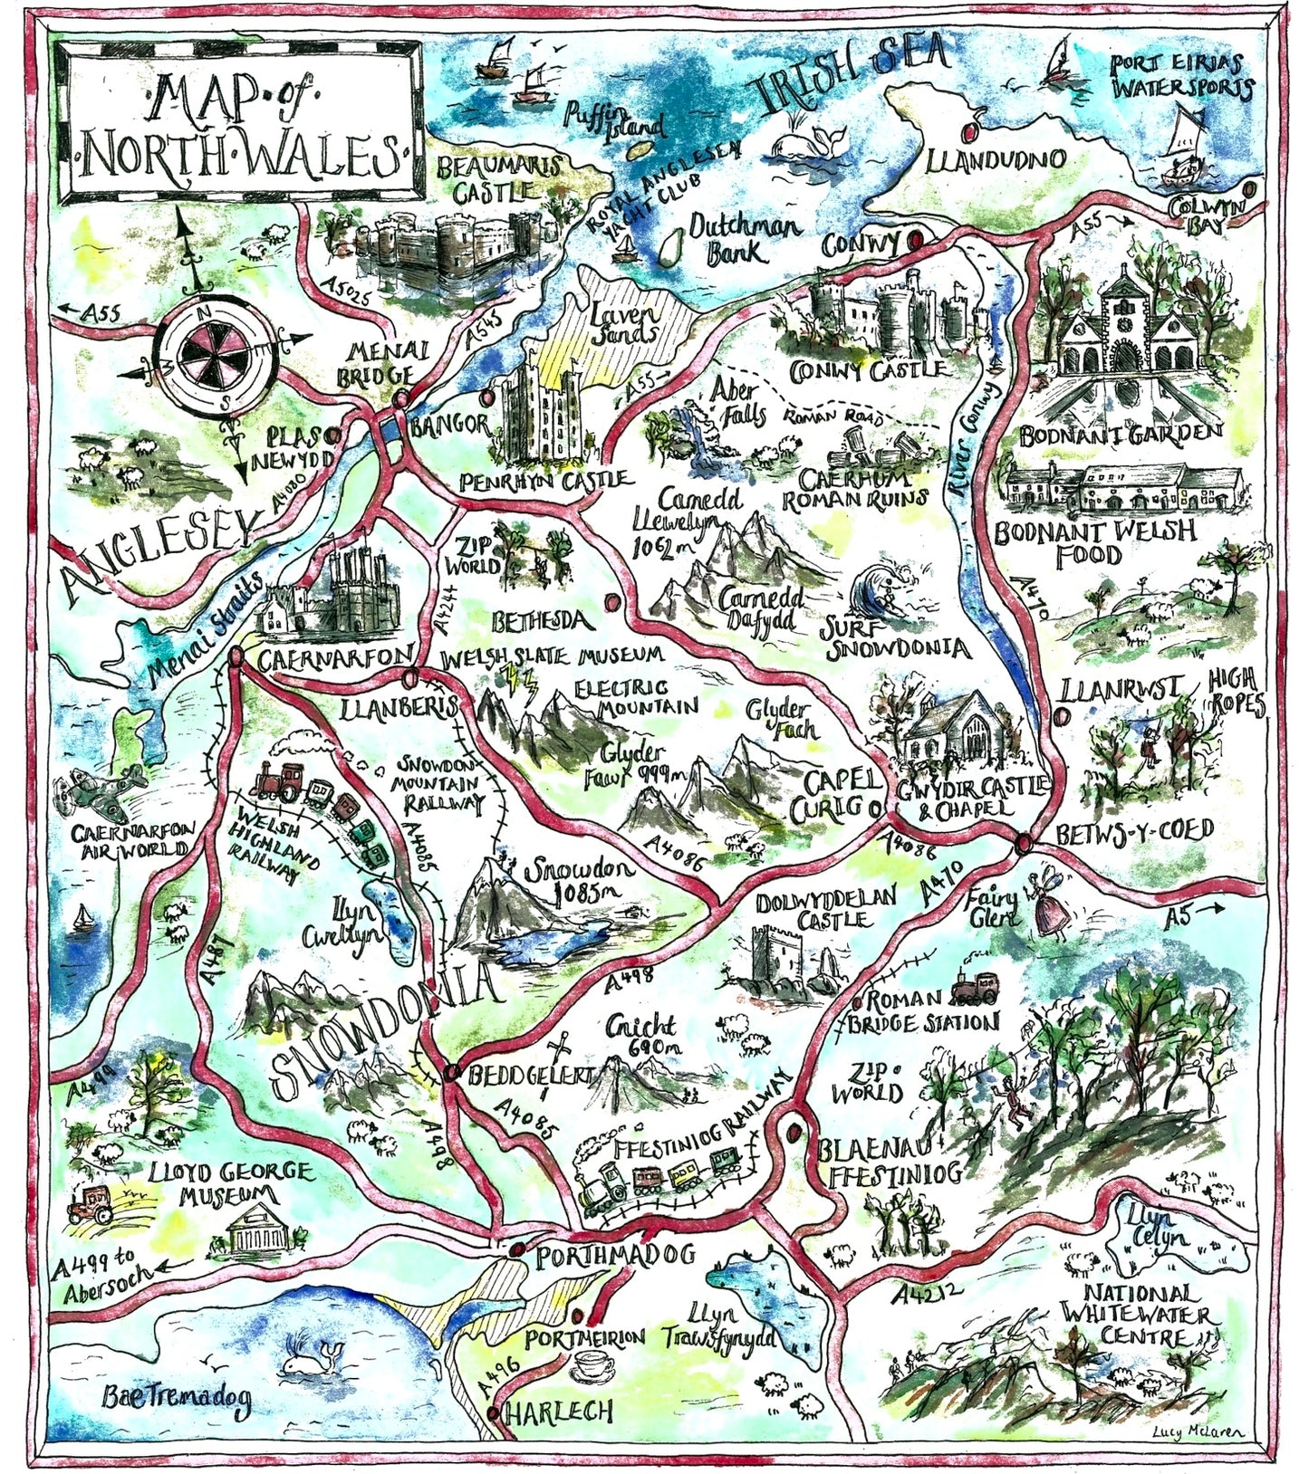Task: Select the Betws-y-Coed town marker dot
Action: coord(1023,843)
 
